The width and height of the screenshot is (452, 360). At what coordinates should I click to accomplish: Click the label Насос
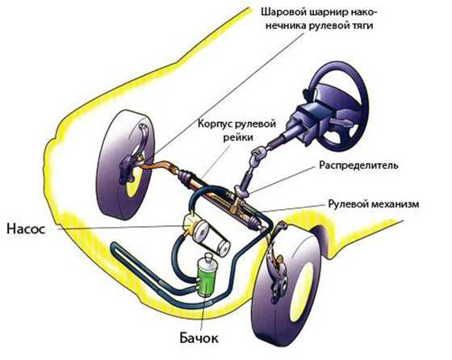[26, 229]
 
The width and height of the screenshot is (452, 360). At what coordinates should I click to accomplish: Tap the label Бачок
[199, 338]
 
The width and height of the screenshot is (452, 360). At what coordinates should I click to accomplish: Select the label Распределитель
[359, 165]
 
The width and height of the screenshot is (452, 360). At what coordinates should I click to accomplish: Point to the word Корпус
[216, 124]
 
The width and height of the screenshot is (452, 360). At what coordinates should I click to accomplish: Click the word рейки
[238, 137]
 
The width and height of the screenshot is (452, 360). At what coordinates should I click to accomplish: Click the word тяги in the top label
[362, 26]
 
